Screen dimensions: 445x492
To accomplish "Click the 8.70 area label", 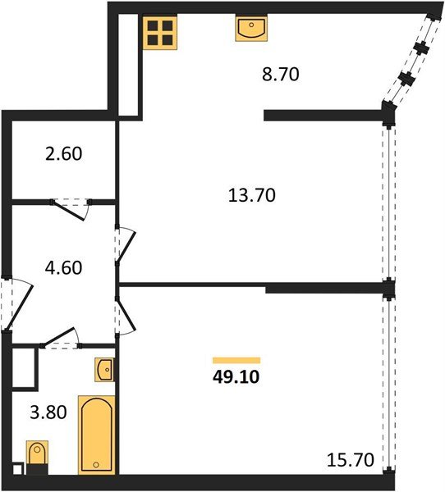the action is pyautogui.click(x=280, y=75).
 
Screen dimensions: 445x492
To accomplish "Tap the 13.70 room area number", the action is pyautogui.click(x=252, y=195).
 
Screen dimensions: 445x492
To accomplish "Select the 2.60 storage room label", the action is pyautogui.click(x=63, y=154).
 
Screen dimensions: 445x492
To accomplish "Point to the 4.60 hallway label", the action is pyautogui.click(x=63, y=267).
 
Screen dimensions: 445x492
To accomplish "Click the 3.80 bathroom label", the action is pyautogui.click(x=48, y=412).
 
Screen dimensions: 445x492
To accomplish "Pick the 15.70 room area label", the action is pyautogui.click(x=351, y=460).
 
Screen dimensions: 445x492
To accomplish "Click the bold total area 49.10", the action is pyautogui.click(x=236, y=376).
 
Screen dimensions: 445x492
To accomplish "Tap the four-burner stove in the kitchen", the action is pyautogui.click(x=160, y=33).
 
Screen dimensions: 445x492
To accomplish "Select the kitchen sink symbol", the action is pyautogui.click(x=251, y=28).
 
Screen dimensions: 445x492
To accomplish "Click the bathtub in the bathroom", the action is pyautogui.click(x=97, y=435).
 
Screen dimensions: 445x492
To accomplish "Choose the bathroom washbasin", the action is pyautogui.click(x=104, y=371).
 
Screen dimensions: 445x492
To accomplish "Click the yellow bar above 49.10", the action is pyautogui.click(x=236, y=360).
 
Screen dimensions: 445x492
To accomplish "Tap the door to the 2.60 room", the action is pyautogui.click(x=71, y=208).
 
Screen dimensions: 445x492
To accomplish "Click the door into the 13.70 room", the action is pyautogui.click(x=125, y=244).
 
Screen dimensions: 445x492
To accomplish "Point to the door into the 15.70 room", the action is pyautogui.click(x=125, y=317).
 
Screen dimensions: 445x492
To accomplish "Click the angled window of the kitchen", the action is pyautogui.click(x=411, y=60).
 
